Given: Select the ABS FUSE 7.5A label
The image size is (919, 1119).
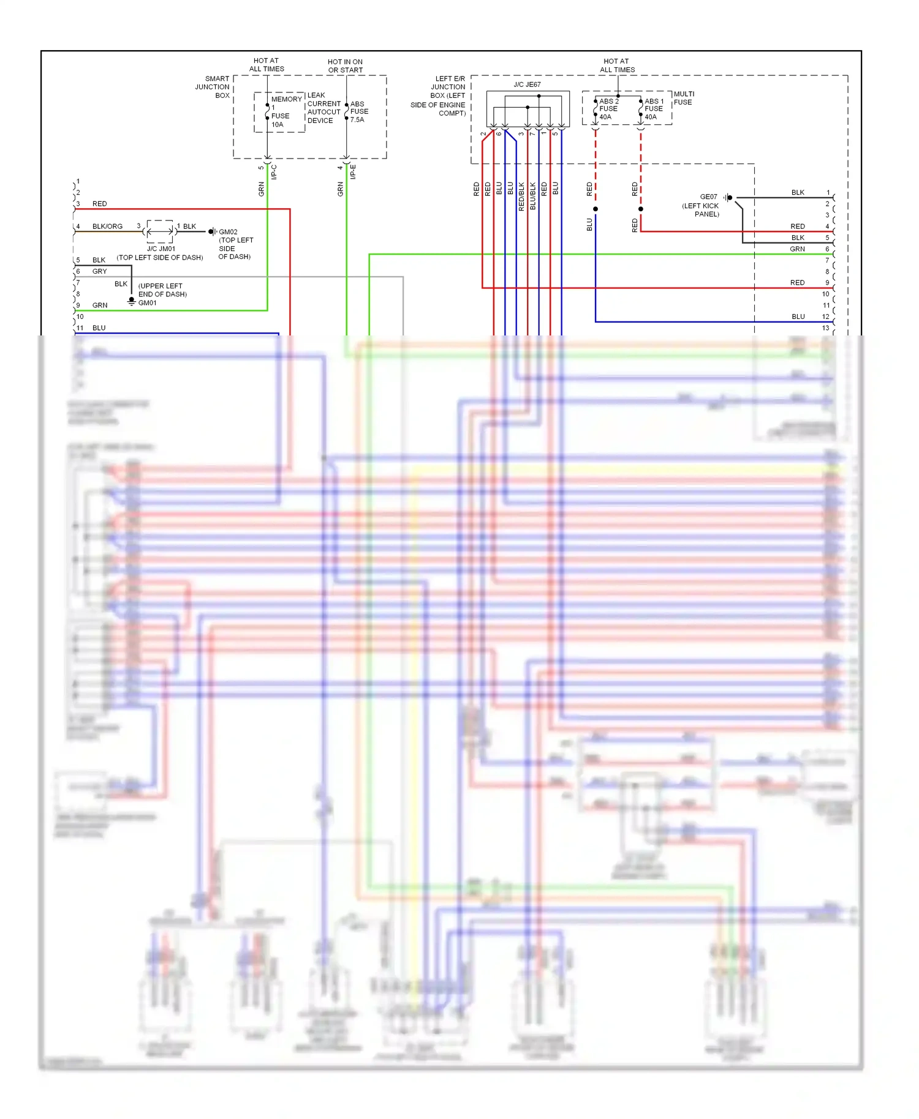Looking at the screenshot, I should click(x=359, y=111).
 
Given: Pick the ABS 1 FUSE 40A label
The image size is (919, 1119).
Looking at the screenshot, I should click(x=653, y=109).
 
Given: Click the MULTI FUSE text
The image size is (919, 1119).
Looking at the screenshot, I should click(x=683, y=98).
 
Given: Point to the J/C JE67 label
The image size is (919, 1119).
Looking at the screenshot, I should click(x=527, y=84).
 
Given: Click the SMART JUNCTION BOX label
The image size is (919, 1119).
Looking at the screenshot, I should click(x=213, y=87).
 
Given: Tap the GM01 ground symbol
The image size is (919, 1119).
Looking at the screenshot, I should click(x=131, y=301).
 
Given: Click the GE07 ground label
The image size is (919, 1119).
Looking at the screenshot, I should click(x=708, y=197).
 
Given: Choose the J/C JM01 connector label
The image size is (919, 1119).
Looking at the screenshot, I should click(x=161, y=249).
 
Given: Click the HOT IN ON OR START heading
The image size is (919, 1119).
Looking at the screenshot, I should click(x=345, y=65).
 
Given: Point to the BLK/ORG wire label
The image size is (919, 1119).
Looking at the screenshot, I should click(x=107, y=226).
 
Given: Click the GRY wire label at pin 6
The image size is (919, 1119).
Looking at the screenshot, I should click(x=99, y=271).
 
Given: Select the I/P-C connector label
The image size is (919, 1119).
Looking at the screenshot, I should click(x=274, y=172).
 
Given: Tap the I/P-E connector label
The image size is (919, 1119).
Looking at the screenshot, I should click(x=353, y=172).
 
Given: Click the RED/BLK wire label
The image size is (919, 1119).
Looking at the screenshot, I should click(x=521, y=196).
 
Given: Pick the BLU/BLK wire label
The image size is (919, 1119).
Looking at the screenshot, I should click(x=532, y=196).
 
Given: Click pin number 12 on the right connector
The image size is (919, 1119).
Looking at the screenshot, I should click(x=825, y=316).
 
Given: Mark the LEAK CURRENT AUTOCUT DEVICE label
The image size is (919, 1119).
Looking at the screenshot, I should click(x=323, y=108).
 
